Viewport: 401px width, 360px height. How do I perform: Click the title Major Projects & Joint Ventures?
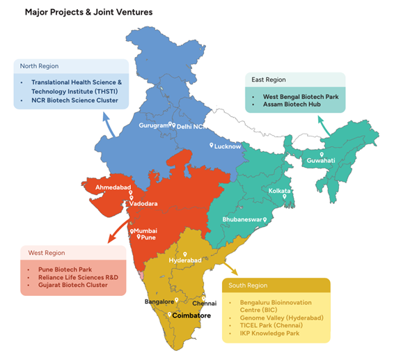(x=88, y=12)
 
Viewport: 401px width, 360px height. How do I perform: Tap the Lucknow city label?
(x=228, y=146)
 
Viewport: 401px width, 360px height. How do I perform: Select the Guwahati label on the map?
(x=321, y=161)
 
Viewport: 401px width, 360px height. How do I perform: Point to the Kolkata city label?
(x=280, y=190)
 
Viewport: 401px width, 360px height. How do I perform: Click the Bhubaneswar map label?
(x=241, y=219)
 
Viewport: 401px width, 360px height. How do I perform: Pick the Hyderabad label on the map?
(x=185, y=260)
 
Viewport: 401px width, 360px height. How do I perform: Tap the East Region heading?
(x=269, y=80)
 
